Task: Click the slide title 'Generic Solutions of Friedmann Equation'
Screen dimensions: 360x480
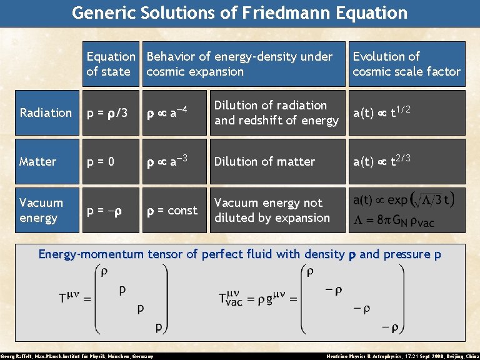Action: pos(240,12)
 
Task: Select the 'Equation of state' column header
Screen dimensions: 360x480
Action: pos(111,64)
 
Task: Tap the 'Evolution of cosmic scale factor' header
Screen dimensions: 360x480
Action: pos(406,64)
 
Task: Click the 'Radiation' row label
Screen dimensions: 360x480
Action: pos(46,113)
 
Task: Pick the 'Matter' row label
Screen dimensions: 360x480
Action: pos(38,162)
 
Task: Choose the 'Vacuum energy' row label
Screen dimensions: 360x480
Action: pos(41,210)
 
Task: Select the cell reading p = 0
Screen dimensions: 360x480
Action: pos(101,162)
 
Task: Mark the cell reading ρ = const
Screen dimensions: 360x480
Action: pos(172,211)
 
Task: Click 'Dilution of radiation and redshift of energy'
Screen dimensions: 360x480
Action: pos(276,113)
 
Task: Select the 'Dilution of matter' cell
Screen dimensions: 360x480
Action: pos(264,162)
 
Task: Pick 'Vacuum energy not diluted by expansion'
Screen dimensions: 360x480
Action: pos(272,211)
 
